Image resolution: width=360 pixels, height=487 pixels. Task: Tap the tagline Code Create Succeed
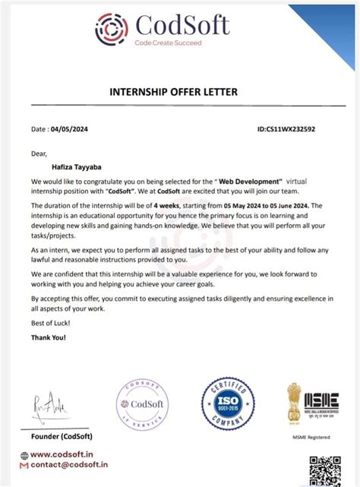pyautogui.click(x=169, y=43)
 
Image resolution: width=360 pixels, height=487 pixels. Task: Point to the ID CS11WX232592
pyautogui.click(x=286, y=129)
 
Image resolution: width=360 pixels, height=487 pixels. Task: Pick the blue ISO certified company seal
pyautogui.click(x=225, y=406)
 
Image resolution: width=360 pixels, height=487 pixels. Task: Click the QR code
pyautogui.click(x=326, y=470)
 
